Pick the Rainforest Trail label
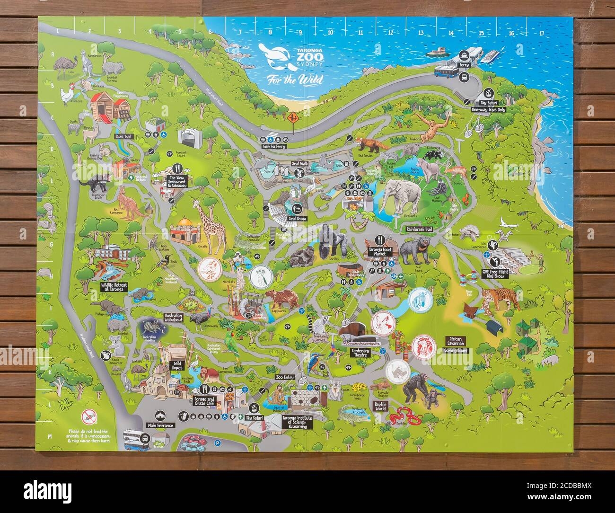(x=419, y=229)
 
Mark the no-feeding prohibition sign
(x=88, y=417)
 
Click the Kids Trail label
(x=122, y=136)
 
